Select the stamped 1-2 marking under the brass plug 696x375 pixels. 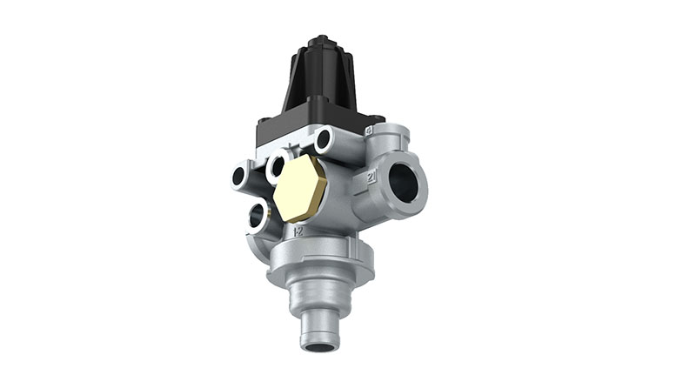click(298, 233)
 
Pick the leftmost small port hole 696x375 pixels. click(239, 177)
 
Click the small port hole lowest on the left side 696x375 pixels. click(258, 216)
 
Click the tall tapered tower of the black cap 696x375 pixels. click(322, 78)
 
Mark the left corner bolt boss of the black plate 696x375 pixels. click(264, 122)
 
